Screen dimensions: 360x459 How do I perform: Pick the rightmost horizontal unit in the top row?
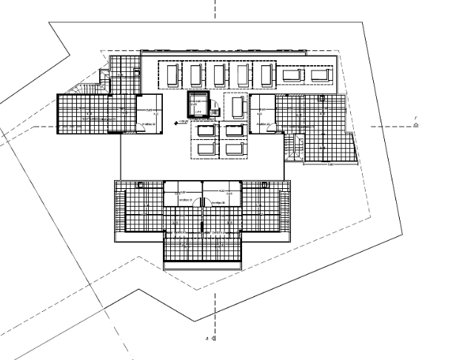[321, 75]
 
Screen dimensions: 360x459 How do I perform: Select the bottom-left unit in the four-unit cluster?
[204, 149]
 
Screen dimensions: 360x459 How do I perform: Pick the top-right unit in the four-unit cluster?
[234, 131]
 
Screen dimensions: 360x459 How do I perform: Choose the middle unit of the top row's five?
[218, 75]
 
